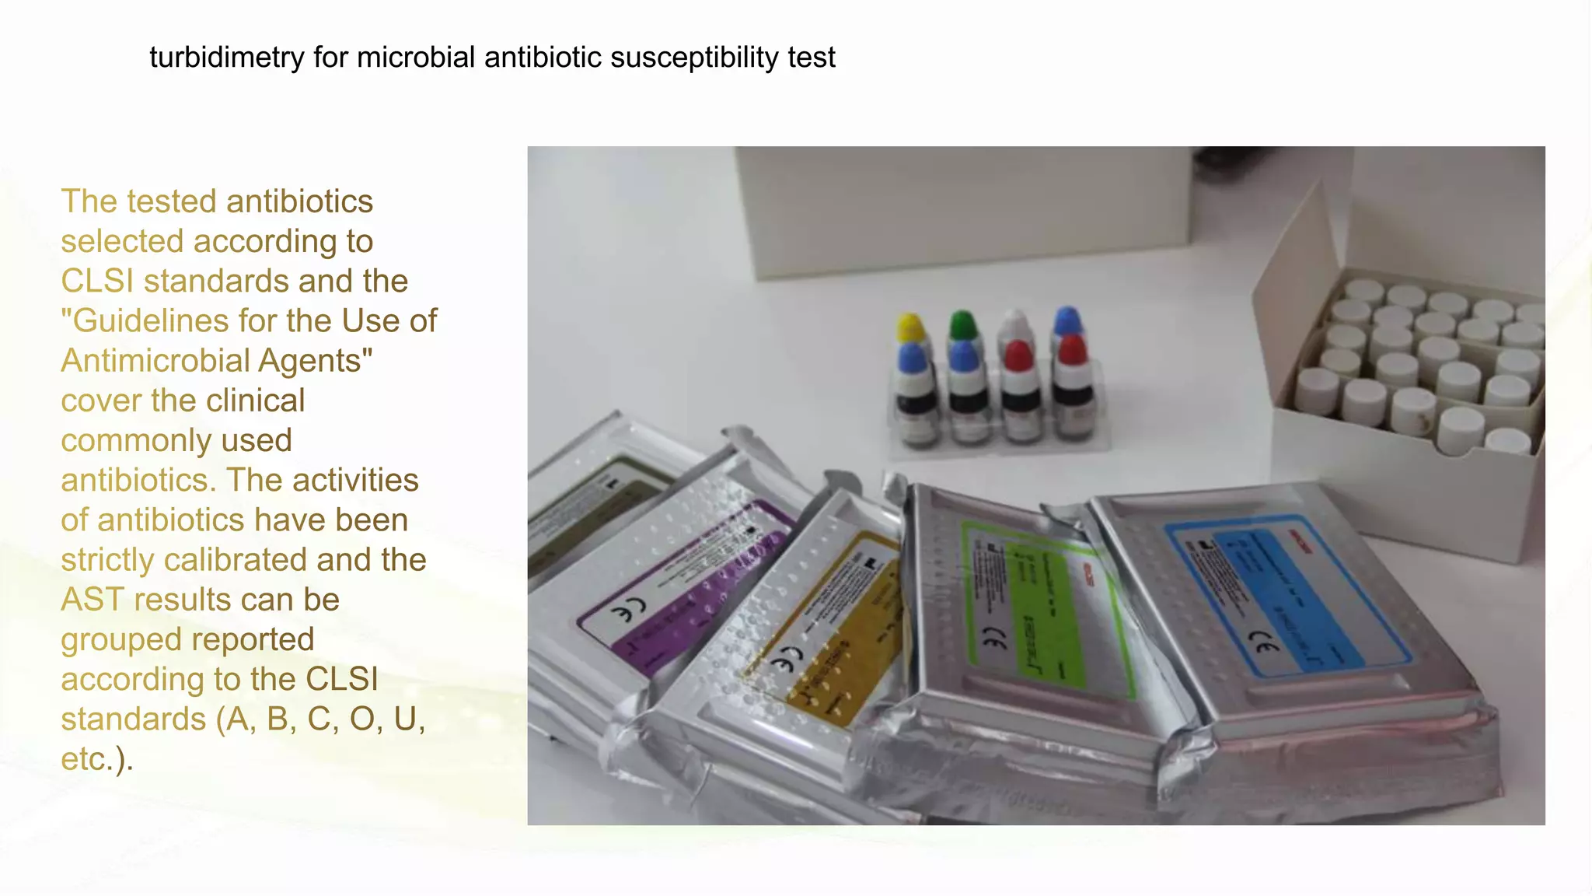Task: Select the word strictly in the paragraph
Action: tap(107, 560)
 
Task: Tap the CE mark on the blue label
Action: tap(1263, 644)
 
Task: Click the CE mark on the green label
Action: tap(994, 639)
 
